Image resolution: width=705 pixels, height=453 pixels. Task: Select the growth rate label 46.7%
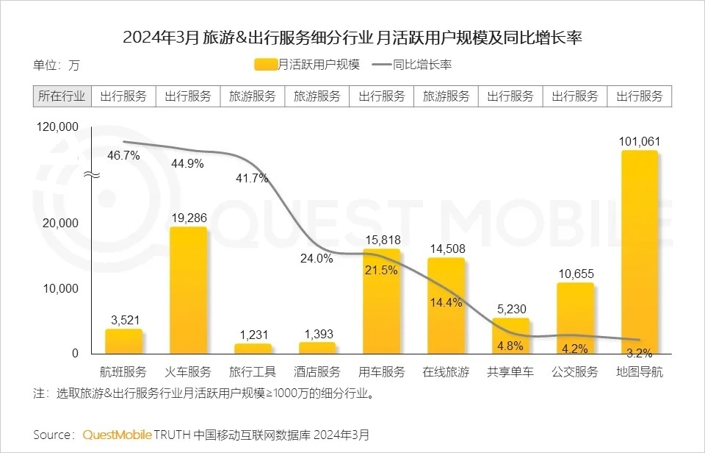coord(123,155)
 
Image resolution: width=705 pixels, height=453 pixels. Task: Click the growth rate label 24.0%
coord(317,258)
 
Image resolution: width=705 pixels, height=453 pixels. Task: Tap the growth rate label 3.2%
coord(640,352)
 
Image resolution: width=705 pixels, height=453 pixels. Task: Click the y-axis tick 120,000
coord(57,127)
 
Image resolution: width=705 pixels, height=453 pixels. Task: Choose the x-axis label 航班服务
coord(123,372)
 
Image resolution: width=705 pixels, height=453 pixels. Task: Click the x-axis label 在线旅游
coord(446,372)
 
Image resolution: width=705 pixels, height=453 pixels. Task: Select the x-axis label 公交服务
coord(575,372)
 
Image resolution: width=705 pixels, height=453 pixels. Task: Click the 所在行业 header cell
coord(62,96)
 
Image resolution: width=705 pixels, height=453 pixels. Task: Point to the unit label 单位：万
coord(57,65)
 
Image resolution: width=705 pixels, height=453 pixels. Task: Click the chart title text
coord(352,38)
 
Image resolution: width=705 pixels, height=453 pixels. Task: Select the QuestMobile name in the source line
coord(117,434)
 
